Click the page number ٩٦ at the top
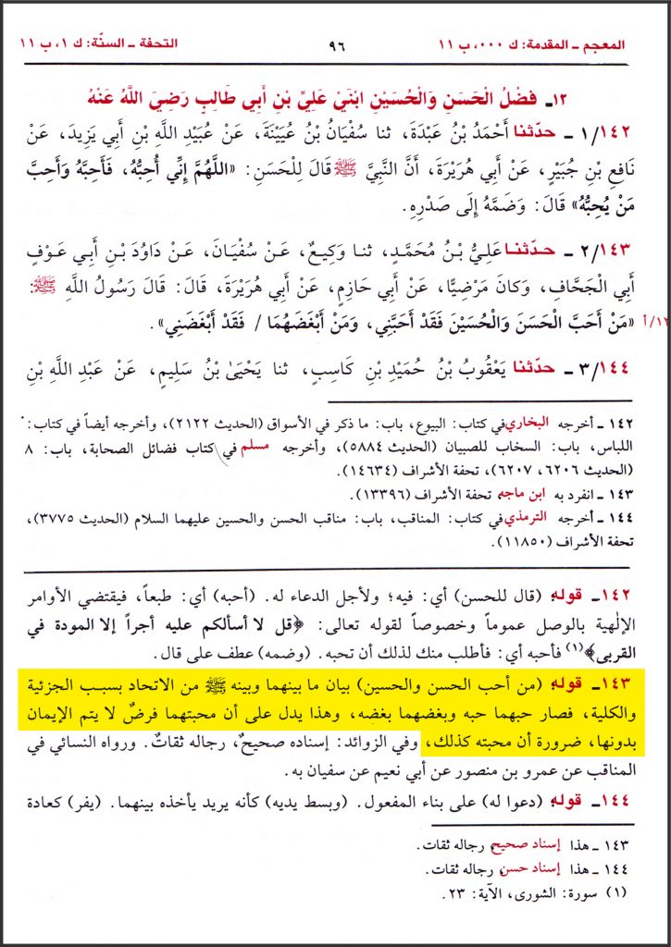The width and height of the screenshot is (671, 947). click(x=336, y=44)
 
